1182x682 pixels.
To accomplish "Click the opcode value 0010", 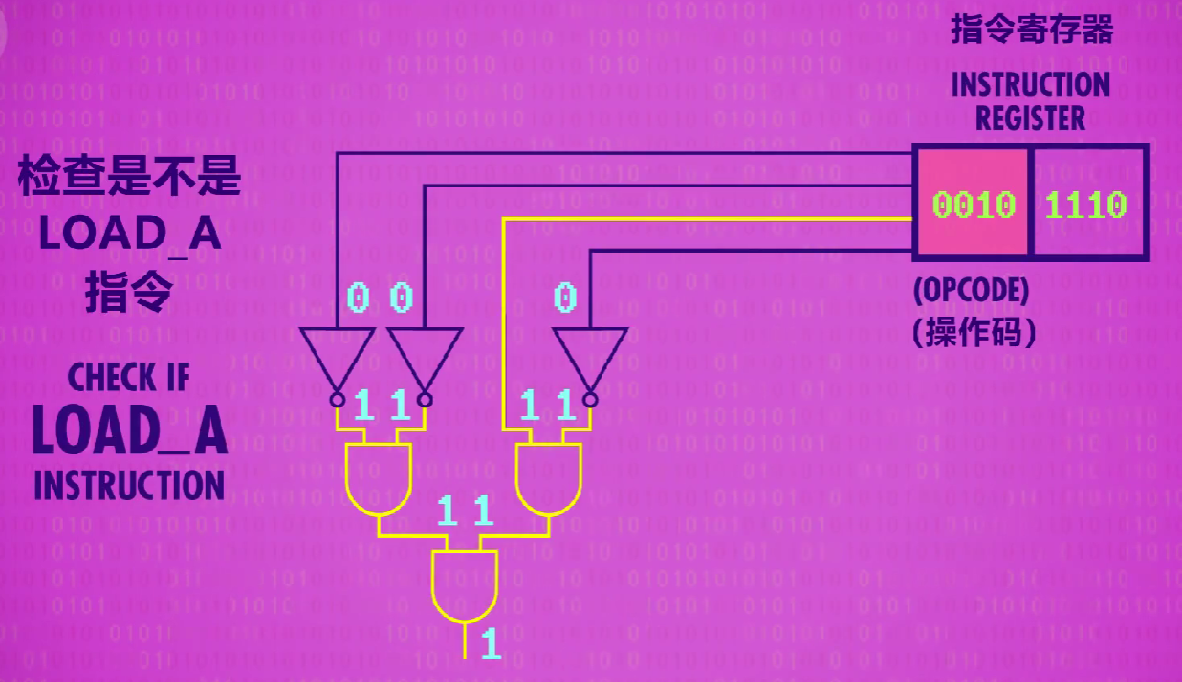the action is [974, 205].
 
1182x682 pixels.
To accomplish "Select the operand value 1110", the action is [1086, 205].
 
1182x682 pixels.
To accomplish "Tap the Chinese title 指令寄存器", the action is [1032, 31].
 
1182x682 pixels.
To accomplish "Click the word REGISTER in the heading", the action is [1030, 120].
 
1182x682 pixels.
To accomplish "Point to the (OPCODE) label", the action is [971, 291].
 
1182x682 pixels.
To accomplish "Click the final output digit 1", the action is [491, 644].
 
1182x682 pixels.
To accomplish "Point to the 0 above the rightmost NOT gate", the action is [566, 298].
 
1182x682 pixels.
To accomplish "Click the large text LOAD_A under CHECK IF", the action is [130, 431].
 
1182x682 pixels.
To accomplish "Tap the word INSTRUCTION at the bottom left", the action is [129, 485].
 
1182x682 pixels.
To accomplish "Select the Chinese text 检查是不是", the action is [129, 179].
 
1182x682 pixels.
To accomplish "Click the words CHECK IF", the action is [129, 378].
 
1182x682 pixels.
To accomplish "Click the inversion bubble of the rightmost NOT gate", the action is [590, 398].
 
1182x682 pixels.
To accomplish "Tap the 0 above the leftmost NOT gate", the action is [358, 298].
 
